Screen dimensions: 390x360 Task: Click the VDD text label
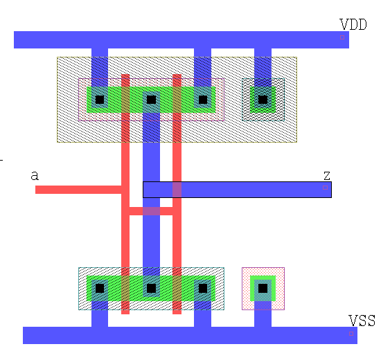click(353, 24)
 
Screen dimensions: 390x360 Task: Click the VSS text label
click(362, 321)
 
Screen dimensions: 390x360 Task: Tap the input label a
click(35, 176)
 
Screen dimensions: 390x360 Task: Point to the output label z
click(327, 176)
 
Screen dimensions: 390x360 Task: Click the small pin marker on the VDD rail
click(342, 37)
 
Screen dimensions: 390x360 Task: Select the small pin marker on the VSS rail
click(351, 334)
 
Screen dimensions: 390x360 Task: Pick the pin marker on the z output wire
click(325, 188)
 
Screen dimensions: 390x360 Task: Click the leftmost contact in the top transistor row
click(100, 100)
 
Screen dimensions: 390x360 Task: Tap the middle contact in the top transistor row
click(151, 100)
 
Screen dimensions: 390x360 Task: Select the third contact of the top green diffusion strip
click(203, 100)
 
